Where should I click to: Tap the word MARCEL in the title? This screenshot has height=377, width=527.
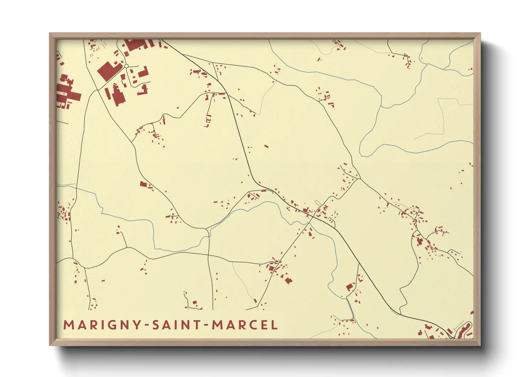[x=245, y=325]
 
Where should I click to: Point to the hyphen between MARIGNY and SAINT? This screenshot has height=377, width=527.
[x=146, y=325]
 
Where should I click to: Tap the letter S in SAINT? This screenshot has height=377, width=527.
[x=156, y=325]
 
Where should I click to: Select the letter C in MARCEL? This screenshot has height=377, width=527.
[x=254, y=325]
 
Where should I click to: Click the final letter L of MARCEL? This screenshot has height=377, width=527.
[x=274, y=325]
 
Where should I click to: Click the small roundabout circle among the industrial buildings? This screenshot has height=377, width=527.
[x=126, y=66]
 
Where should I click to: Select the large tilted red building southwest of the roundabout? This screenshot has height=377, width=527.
[x=108, y=71]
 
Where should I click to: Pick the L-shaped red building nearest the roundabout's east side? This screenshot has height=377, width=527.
[x=143, y=72]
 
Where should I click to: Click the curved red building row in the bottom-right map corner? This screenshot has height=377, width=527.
[x=464, y=330]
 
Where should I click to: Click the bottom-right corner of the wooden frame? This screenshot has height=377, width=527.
[x=480, y=345]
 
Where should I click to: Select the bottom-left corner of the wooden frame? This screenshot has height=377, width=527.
[x=50, y=345]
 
